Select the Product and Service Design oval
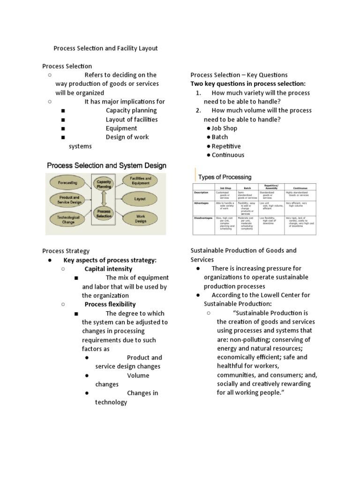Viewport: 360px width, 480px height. coord(69,200)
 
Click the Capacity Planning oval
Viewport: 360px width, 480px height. coord(104,183)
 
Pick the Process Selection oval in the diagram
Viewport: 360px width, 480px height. coord(104,214)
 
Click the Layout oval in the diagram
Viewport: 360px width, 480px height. coord(140,199)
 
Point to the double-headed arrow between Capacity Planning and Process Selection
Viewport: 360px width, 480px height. coord(104,198)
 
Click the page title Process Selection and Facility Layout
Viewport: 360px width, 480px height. coord(105,48)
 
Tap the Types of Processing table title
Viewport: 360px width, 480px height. coord(225,177)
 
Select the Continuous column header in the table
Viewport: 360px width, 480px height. coord(300,187)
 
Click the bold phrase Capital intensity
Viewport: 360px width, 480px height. coord(108,269)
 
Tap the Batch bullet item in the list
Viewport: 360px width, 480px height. coord(219,137)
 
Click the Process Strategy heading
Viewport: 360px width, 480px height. coord(66,251)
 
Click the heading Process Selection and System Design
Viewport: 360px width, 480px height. coord(105,165)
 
